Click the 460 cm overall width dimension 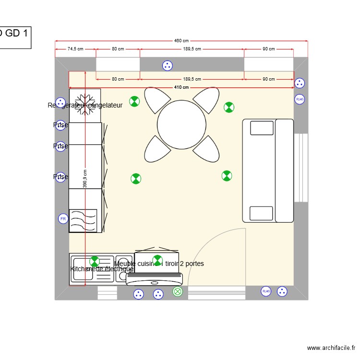click(x=181, y=41)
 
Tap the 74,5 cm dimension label click(x=75, y=49)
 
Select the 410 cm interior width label click(x=181, y=87)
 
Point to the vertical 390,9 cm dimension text click(x=85, y=179)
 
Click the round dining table click(x=182, y=125)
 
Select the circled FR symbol click(x=62, y=219)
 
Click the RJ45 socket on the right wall click(x=300, y=99)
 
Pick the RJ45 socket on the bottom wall click(x=266, y=291)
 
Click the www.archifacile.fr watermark click(x=331, y=348)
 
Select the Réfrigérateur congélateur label click(x=85, y=105)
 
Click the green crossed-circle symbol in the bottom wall click(x=178, y=291)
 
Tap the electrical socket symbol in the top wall click(x=167, y=65)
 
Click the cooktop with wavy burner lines click(x=83, y=221)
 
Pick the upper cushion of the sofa click(x=262, y=128)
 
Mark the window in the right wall click(x=300, y=168)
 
